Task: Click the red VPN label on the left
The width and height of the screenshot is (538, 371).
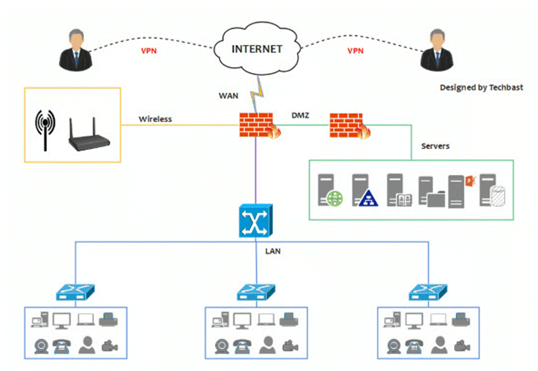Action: (x=150, y=51)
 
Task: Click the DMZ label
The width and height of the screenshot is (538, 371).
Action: (x=300, y=116)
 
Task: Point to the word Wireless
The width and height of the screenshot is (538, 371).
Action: (x=155, y=119)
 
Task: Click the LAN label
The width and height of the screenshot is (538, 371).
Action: (x=272, y=251)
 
